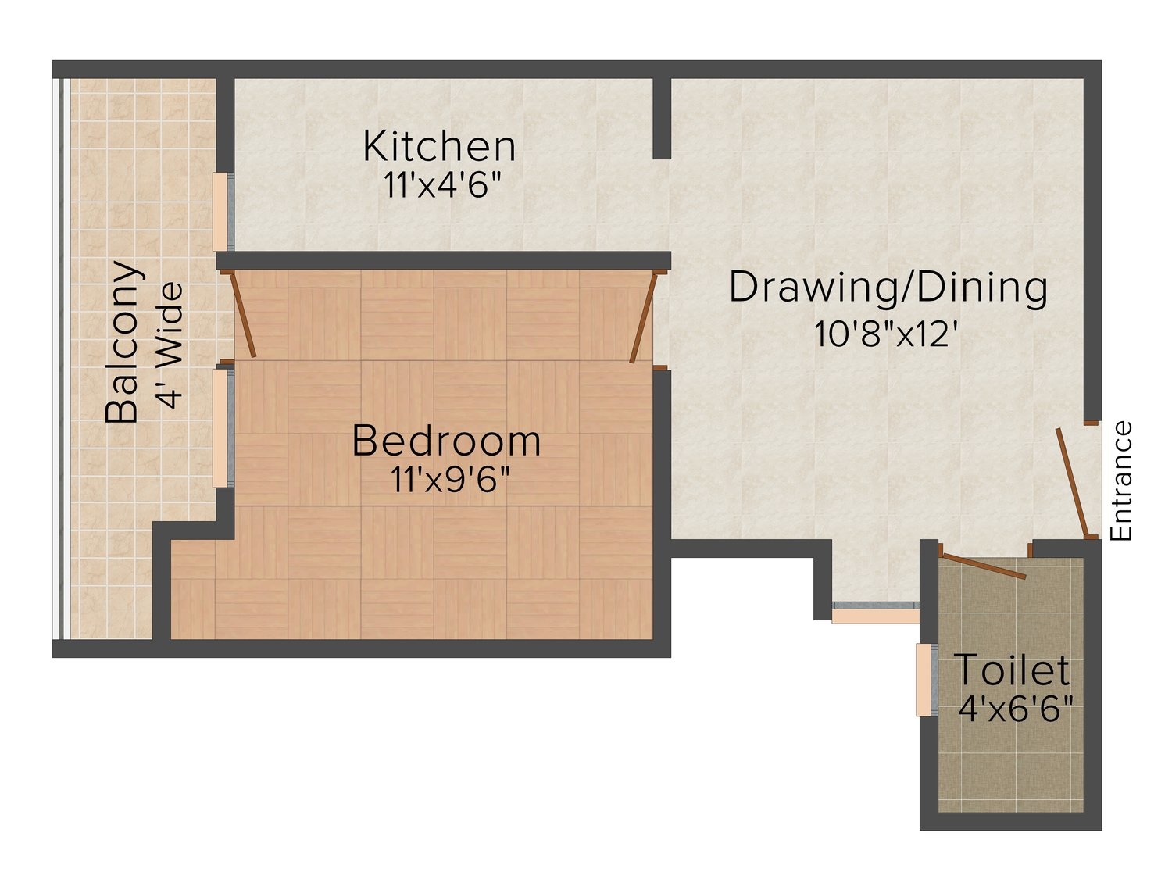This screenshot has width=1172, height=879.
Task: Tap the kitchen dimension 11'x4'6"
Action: point(443,185)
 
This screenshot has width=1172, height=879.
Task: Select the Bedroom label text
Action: point(446,441)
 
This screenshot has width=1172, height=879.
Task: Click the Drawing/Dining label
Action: point(888,288)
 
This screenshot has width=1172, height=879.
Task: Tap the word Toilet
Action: point(1011,670)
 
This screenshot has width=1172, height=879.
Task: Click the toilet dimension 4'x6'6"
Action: point(1015,708)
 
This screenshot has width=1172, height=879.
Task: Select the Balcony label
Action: point(123,342)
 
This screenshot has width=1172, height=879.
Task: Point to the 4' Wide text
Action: point(171,345)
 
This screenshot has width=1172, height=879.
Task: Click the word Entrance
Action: point(1120,481)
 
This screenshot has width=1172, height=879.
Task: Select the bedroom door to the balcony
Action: point(242,314)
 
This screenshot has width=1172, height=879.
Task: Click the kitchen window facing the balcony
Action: point(223,212)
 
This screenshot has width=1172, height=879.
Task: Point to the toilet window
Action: point(927,680)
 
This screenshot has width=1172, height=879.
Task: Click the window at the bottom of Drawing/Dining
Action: point(876,613)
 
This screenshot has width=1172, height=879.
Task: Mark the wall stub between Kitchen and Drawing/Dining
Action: point(662,119)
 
